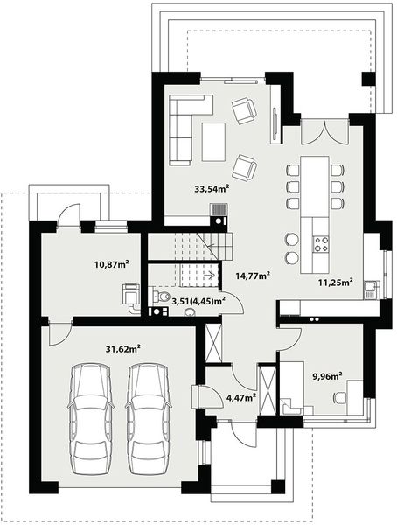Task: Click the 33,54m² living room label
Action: (212, 187)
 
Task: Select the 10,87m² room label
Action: (112, 262)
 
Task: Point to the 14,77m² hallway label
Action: (252, 274)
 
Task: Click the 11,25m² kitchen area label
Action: (334, 283)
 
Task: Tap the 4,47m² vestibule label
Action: (240, 397)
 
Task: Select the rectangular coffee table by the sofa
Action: (213, 141)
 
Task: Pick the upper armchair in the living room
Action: (244, 110)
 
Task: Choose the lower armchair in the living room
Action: (246, 164)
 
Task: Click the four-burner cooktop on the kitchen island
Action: (319, 237)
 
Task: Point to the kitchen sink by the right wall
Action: (372, 288)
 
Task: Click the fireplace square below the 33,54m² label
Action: (218, 210)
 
